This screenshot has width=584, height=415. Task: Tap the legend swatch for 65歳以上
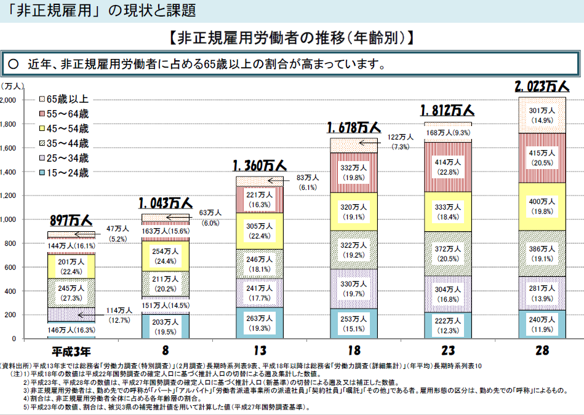click(42, 99)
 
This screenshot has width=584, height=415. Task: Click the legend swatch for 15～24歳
click(42, 173)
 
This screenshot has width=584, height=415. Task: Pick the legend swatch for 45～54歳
click(42, 128)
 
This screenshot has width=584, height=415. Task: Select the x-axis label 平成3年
click(71, 352)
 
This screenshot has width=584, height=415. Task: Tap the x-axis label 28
click(542, 352)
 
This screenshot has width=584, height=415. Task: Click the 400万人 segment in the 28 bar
click(542, 206)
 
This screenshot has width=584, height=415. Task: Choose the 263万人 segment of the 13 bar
click(258, 323)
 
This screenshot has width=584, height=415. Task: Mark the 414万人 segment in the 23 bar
click(447, 167)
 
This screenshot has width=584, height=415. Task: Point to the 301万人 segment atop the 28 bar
click(542, 115)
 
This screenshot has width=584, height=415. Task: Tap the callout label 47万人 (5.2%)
click(117, 233)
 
